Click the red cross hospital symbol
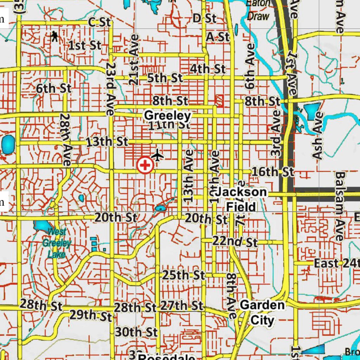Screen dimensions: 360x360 [145, 165]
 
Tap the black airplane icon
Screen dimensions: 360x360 [157, 154]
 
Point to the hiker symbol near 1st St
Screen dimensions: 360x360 [54, 36]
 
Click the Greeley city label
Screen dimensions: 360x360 [168, 115]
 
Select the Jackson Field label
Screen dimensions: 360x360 [241, 199]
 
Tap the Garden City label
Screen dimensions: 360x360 [262, 312]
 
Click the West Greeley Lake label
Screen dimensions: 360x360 [57, 243]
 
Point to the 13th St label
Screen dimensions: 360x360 [107, 142]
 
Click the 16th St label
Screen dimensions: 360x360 [273, 172]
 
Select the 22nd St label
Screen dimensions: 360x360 [235, 242]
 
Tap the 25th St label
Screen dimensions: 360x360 [183, 275]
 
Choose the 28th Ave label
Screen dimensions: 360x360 [66, 139]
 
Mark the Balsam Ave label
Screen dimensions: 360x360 [340, 206]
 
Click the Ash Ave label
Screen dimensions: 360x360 [318, 136]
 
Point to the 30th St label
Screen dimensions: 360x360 [136, 332]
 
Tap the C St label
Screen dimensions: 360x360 [99, 22]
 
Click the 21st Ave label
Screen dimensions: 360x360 [134, 59]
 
